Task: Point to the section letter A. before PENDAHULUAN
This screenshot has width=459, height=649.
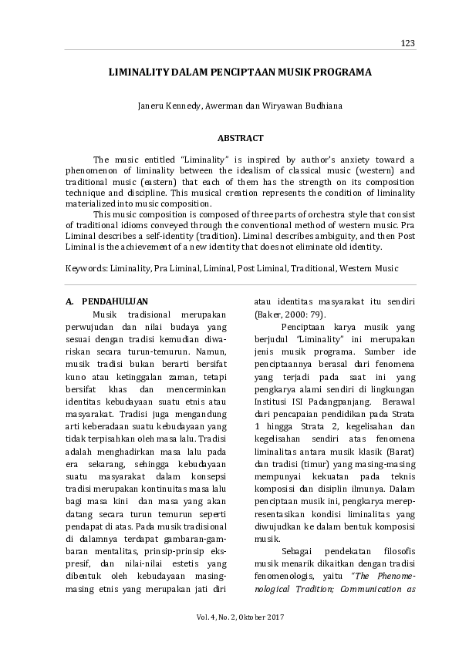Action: click(x=69, y=301)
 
